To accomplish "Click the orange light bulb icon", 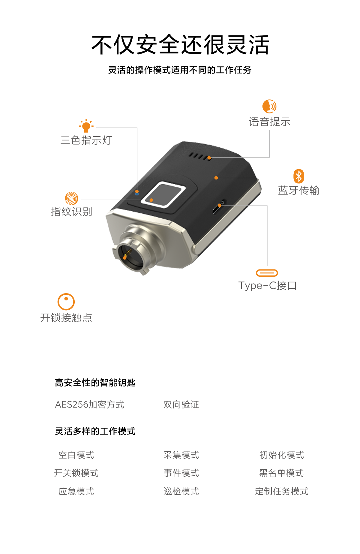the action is click(86, 126).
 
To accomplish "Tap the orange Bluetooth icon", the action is click(299, 176).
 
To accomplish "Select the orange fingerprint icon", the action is click(71, 198).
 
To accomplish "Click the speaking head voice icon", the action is click(269, 106).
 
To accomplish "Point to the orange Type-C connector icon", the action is click(267, 273).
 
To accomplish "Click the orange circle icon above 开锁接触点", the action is click(66, 302).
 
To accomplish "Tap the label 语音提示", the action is click(270, 122).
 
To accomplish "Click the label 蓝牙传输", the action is click(299, 190).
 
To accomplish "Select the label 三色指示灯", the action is click(86, 140).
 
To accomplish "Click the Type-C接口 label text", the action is click(268, 285).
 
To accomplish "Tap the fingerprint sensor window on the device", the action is click(163, 194).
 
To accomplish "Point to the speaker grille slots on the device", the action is click(200, 156).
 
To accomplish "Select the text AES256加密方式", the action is click(90, 405).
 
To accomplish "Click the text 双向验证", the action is click(181, 405).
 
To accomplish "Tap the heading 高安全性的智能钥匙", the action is click(95, 383).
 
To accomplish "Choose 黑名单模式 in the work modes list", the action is click(282, 473).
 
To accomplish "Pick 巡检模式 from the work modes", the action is click(181, 491).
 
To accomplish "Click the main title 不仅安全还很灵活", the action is click(180, 45).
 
